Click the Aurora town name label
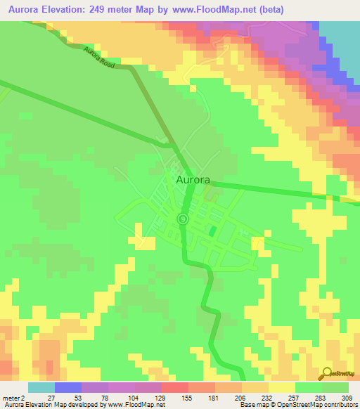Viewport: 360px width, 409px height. pos(192,180)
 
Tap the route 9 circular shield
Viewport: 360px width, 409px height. pos(183,219)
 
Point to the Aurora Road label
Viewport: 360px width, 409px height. pos(98,57)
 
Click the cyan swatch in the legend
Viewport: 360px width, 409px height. pos(41,387)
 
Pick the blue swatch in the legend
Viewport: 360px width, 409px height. pos(68,387)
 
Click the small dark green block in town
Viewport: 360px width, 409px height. pos(214,230)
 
